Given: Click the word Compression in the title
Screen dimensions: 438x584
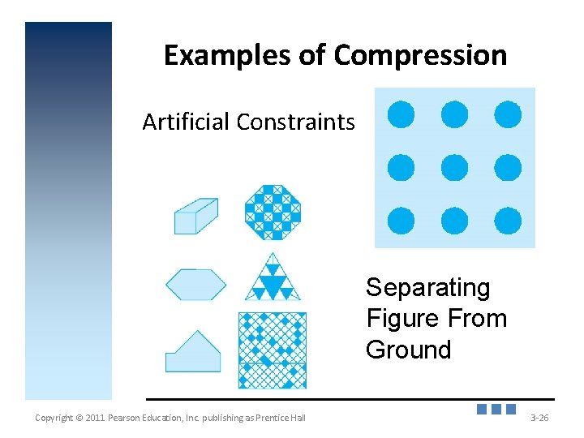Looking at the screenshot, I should tap(420, 56).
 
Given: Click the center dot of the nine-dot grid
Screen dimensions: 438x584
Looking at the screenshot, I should tap(454, 168).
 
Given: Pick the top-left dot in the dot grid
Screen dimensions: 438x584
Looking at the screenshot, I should tap(401, 114).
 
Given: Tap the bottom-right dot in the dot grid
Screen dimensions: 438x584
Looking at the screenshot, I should tap(508, 221).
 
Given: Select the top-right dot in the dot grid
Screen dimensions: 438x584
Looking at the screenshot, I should tap(508, 114).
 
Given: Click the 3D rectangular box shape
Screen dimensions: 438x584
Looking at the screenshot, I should tap(195, 217).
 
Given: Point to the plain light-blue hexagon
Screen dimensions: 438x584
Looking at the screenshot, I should tap(195, 285).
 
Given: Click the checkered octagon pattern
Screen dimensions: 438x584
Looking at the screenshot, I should tap(273, 213).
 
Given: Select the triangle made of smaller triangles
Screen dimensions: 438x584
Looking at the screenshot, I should tap(273, 278).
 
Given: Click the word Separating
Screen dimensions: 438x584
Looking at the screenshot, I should tap(427, 288).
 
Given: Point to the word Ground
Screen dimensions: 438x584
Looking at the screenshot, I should tap(408, 350).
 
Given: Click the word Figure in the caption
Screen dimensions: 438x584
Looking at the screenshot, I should tap(401, 319).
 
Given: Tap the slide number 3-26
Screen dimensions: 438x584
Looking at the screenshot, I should tap(539, 418).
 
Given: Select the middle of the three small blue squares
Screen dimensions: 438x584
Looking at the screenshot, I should tap(496, 410).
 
